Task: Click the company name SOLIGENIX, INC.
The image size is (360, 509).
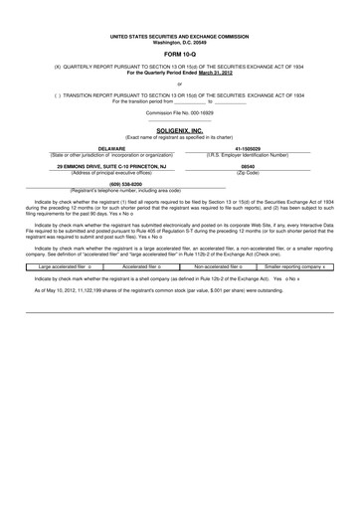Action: point(180,130)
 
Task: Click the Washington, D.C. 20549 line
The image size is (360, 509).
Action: point(180,42)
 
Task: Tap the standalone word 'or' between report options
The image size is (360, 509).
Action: point(180,84)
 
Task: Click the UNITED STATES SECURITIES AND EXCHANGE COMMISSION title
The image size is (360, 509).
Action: point(180,36)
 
